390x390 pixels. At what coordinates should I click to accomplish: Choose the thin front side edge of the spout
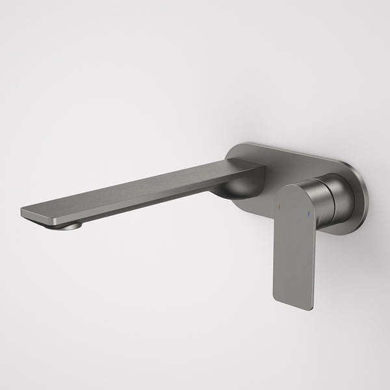pos(130,204)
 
